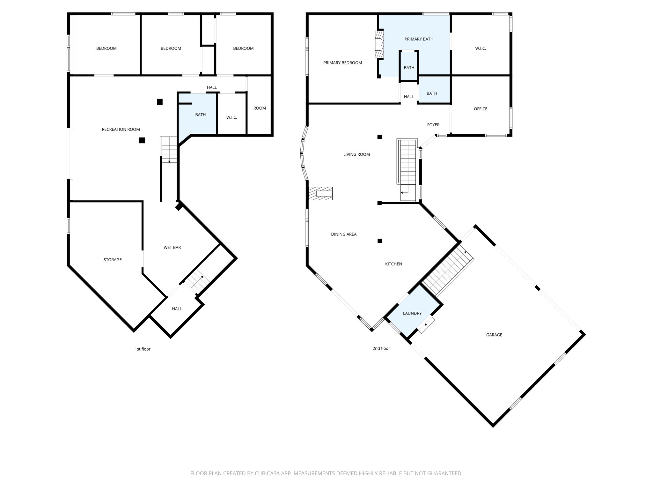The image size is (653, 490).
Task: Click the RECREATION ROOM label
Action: point(121,129)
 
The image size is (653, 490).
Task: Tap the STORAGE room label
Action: point(113,260)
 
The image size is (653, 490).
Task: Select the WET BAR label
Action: point(172,248)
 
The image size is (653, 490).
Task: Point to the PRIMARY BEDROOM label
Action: point(342,63)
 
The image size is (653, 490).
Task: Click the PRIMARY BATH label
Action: point(419,39)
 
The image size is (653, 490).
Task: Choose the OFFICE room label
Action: point(480,109)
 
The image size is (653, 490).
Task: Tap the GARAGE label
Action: point(494,335)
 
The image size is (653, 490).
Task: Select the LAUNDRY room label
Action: point(412,313)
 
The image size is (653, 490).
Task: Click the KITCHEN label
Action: point(393,264)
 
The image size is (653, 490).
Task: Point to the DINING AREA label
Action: point(343,234)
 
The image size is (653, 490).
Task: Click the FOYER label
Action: point(433,125)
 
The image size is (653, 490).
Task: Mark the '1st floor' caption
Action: point(142,349)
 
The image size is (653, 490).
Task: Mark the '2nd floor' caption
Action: point(381,348)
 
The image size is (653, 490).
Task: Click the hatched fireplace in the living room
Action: point(320,194)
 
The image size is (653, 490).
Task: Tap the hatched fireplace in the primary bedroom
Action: point(379,44)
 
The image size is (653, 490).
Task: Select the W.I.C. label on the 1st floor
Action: point(231,117)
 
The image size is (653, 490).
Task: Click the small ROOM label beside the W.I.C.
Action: point(259,108)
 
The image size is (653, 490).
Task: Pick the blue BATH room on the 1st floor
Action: point(200,115)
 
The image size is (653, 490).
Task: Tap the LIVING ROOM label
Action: point(356,154)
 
